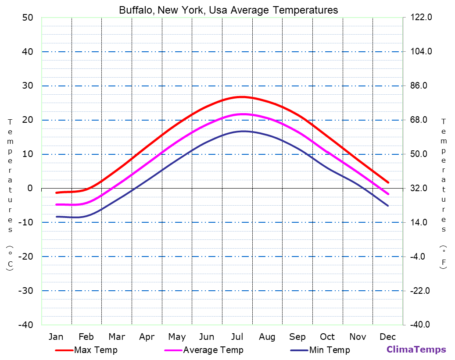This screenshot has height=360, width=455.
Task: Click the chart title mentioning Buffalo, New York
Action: coord(228,10)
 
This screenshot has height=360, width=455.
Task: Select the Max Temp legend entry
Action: coord(95,350)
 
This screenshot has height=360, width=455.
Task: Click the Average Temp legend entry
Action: coord(213,350)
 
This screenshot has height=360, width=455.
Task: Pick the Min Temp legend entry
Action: coord(329,350)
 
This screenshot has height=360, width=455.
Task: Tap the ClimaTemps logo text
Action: coord(416,349)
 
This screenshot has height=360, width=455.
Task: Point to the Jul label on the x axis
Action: coord(237,337)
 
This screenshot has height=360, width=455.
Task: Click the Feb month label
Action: coord(86,337)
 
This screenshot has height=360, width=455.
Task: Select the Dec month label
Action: coord(388,337)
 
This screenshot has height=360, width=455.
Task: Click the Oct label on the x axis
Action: coord(327,337)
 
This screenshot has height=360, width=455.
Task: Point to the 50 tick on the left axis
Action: coord(28,18)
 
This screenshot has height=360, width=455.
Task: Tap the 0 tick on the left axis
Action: coord(30,188)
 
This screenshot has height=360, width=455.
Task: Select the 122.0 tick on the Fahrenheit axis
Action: coord(421,18)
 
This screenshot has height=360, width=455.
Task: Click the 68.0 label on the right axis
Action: coord(421,120)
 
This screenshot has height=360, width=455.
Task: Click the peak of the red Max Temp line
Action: coord(242,97)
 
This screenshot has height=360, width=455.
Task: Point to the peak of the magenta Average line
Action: coord(243,114)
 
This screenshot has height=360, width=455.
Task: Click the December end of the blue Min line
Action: coord(388,206)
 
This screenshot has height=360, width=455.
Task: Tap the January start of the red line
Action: coord(57,192)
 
